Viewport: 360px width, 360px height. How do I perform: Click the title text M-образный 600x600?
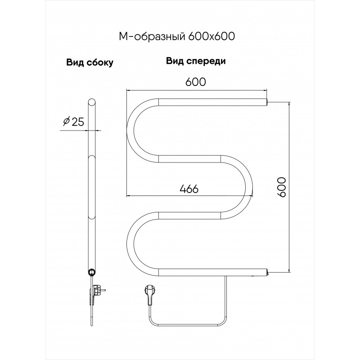(177, 36)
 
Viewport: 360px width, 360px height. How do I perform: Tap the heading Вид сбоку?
(90, 63)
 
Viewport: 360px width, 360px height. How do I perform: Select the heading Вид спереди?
(196, 61)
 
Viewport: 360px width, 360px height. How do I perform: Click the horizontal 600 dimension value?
(196, 82)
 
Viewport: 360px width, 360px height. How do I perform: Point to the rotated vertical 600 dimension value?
(282, 187)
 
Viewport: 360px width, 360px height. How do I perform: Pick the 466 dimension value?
(189, 189)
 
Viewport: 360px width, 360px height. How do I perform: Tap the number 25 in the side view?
(78, 121)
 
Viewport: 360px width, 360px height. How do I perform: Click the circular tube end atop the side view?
(92, 103)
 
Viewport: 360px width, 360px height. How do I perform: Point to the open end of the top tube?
(266, 102)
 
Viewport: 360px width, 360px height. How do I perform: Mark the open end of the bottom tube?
(266, 273)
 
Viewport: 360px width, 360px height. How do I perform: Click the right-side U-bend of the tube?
(249, 187)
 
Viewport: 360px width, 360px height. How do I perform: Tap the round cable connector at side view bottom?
(92, 272)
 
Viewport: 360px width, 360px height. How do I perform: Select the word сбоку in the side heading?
(100, 63)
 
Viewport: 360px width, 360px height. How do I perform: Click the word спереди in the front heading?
(206, 62)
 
